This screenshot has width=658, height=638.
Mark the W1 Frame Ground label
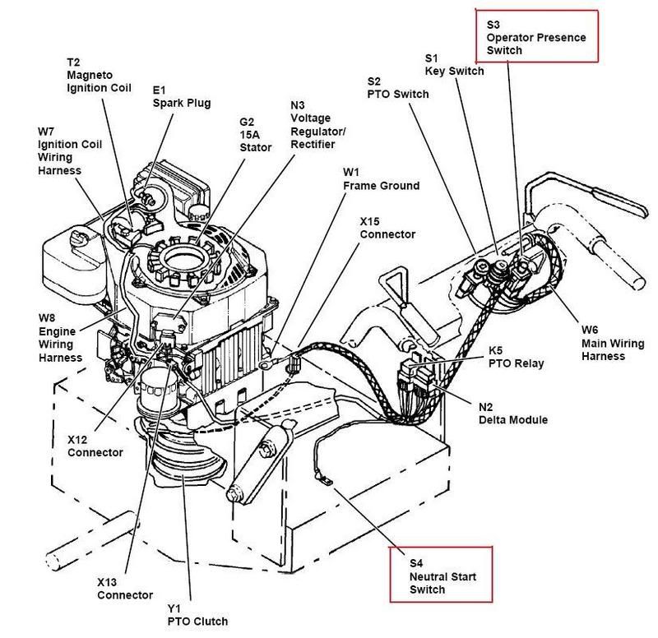(x=381, y=179)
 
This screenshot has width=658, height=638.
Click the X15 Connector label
(x=387, y=228)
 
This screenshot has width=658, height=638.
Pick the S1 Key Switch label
(x=453, y=64)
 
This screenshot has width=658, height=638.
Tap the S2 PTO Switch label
(x=397, y=87)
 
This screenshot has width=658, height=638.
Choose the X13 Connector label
(x=123, y=587)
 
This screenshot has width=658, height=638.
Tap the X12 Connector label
(x=95, y=446)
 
